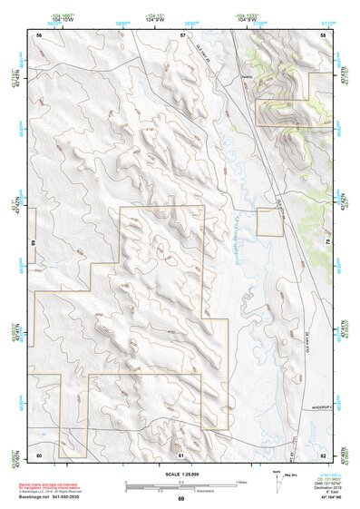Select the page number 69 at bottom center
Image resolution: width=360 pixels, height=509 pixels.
click(x=180, y=499)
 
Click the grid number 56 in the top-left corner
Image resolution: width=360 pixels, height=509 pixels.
click(x=39, y=34)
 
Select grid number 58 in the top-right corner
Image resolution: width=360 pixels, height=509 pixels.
click(x=323, y=34)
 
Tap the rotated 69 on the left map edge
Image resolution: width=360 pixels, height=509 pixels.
click(x=31, y=244)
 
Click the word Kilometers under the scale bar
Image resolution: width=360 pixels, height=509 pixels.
click(x=190, y=490)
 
